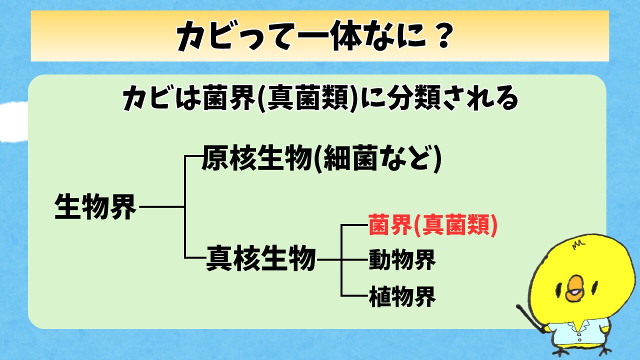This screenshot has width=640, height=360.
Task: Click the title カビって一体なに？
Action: [314, 36]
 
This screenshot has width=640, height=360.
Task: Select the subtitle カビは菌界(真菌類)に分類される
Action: [320, 98]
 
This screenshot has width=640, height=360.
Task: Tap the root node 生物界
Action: [95, 206]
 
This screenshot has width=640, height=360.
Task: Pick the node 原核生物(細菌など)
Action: [321, 158]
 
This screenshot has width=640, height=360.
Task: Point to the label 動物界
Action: [402, 259]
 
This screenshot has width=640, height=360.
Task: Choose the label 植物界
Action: [402, 296]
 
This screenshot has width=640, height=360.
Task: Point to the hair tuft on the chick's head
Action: [579, 244]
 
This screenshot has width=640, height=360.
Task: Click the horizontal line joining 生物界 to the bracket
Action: [162, 206]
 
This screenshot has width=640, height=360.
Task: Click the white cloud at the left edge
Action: [13, 121]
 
